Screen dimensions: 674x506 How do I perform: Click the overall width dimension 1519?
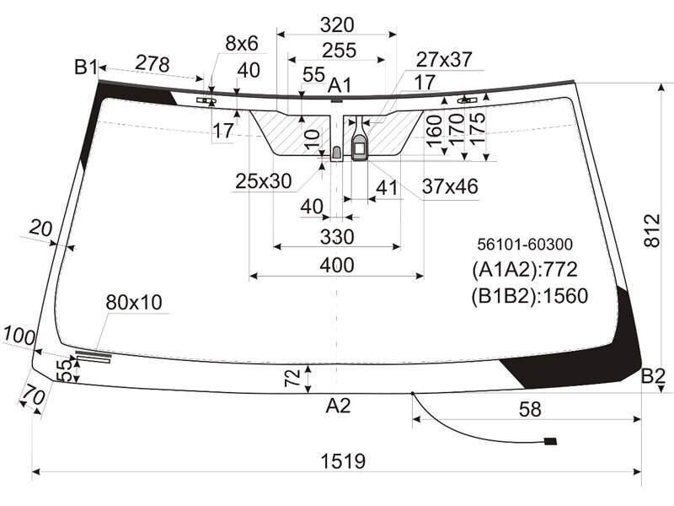[x=343, y=461]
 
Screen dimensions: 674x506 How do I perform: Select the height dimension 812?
[x=651, y=230]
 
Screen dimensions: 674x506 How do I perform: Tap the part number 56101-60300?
[x=525, y=245]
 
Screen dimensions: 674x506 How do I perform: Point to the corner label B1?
[x=86, y=67]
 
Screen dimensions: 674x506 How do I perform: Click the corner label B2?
[x=653, y=376]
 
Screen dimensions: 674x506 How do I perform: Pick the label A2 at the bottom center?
[x=339, y=406]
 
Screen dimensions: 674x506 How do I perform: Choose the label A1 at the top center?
[x=340, y=85]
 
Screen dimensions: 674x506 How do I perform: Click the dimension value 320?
[x=337, y=25]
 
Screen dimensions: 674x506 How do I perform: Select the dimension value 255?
[x=340, y=51]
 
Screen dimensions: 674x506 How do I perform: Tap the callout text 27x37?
[x=444, y=60]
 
